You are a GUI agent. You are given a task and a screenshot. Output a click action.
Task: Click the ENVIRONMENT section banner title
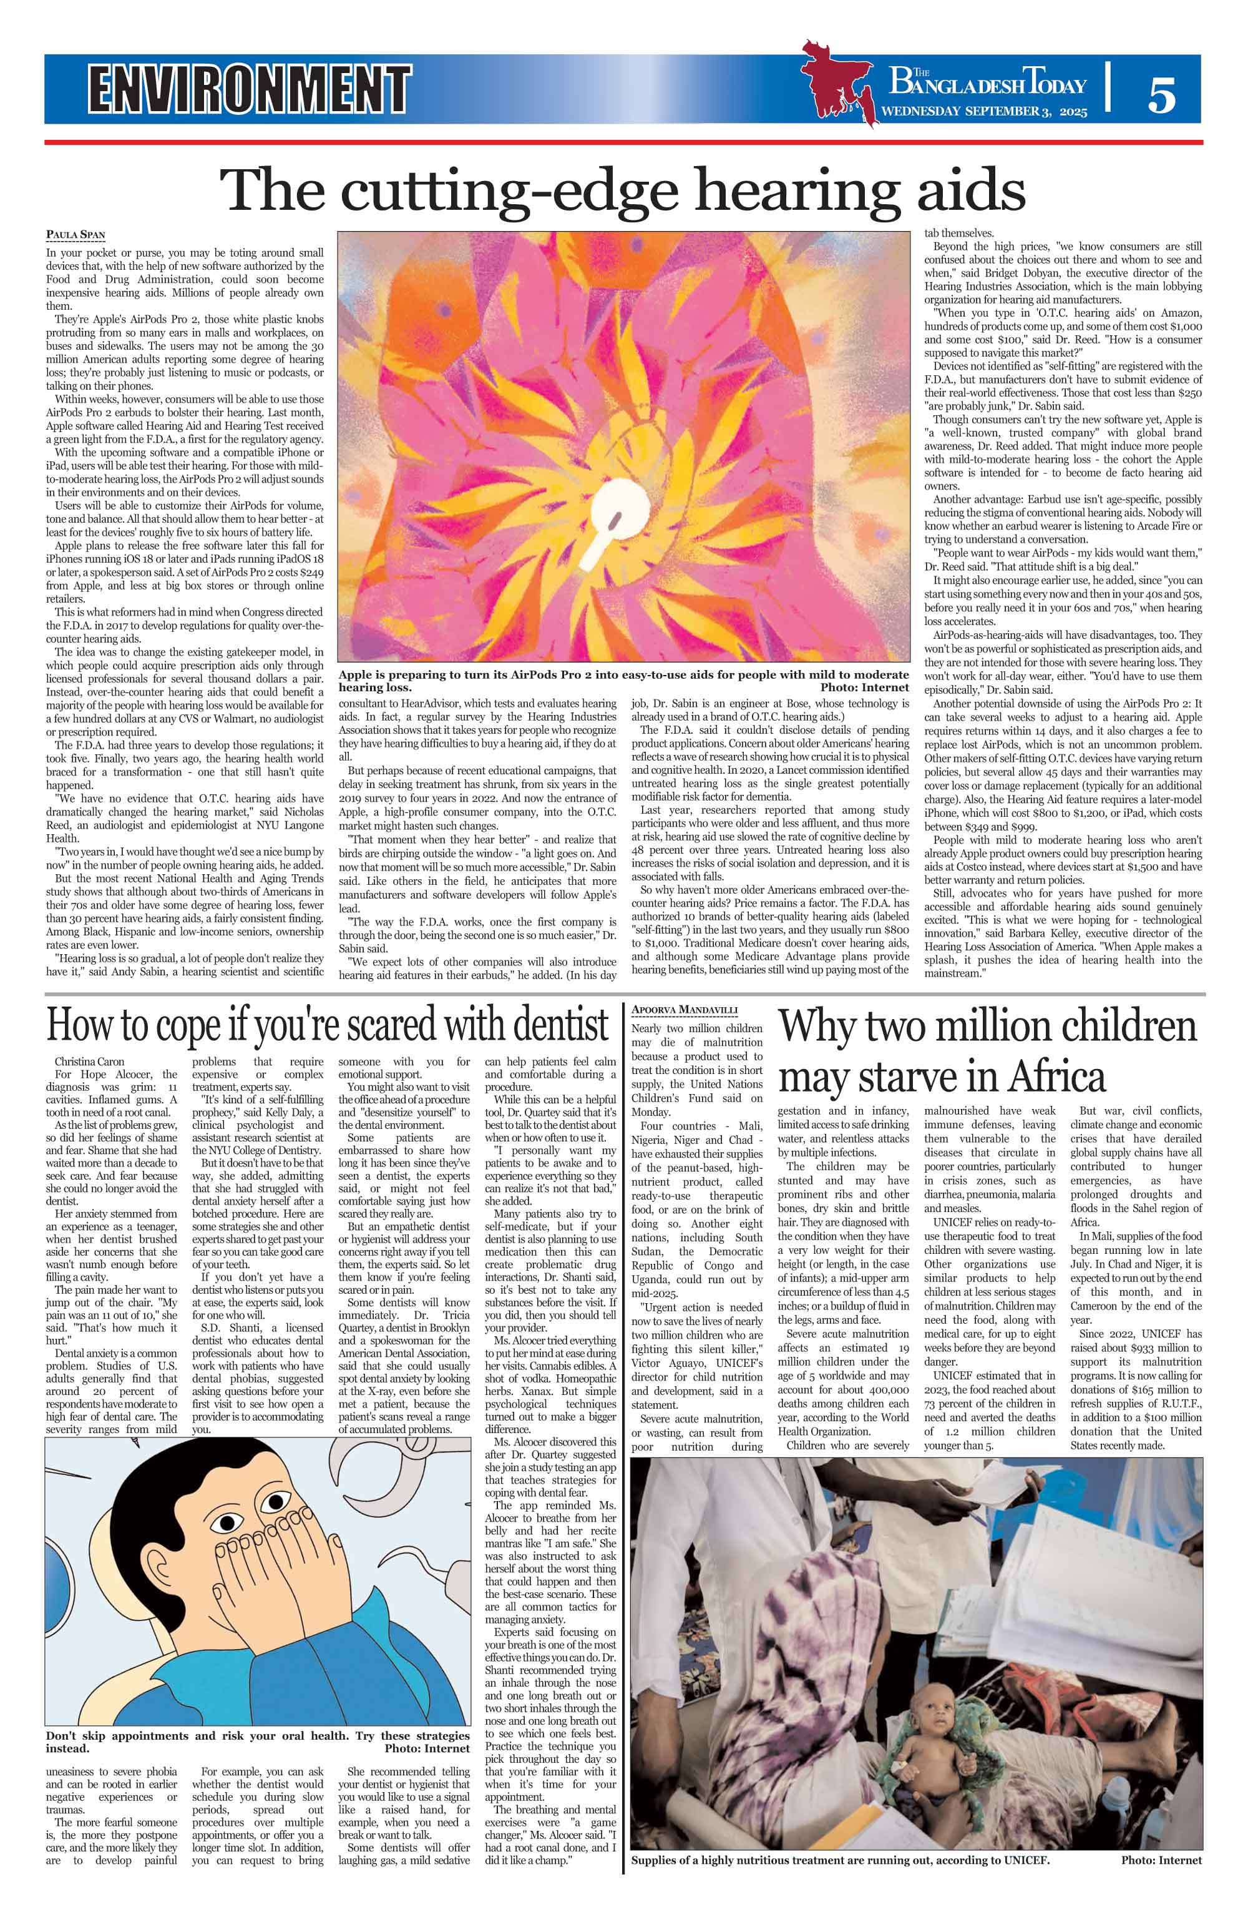pos(250,89)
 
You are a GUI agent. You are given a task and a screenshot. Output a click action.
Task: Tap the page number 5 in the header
pos(1161,95)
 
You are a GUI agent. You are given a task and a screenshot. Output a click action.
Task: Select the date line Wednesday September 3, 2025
pos(984,112)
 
